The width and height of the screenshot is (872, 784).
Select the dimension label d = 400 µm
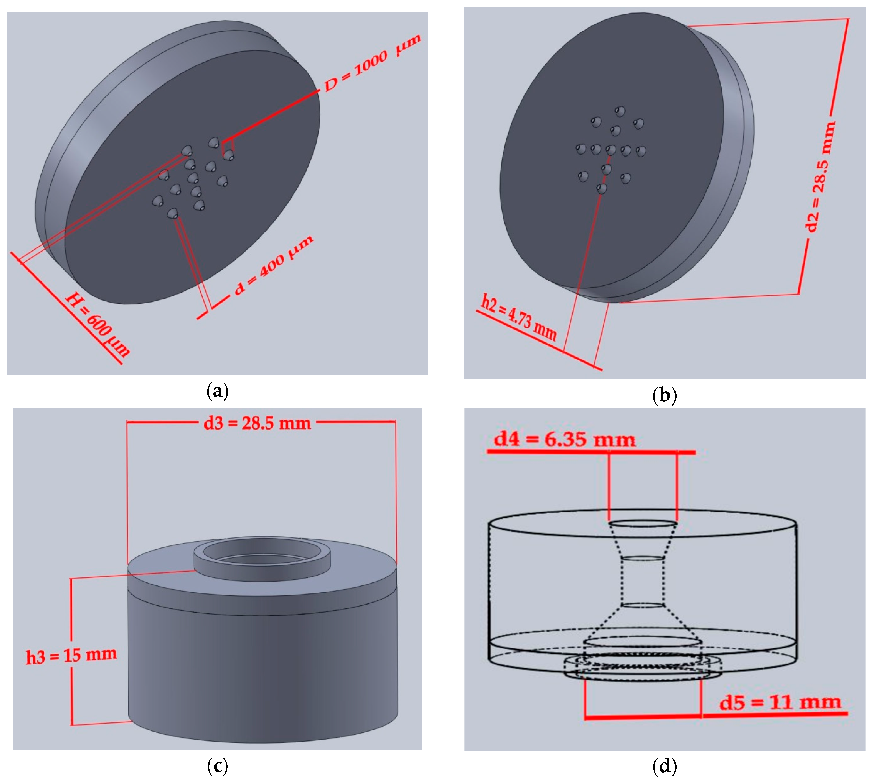[274, 266]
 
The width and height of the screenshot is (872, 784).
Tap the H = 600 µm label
[97, 325]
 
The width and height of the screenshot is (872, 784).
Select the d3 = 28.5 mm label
[258, 424]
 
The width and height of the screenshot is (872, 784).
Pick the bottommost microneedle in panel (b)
[602, 188]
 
